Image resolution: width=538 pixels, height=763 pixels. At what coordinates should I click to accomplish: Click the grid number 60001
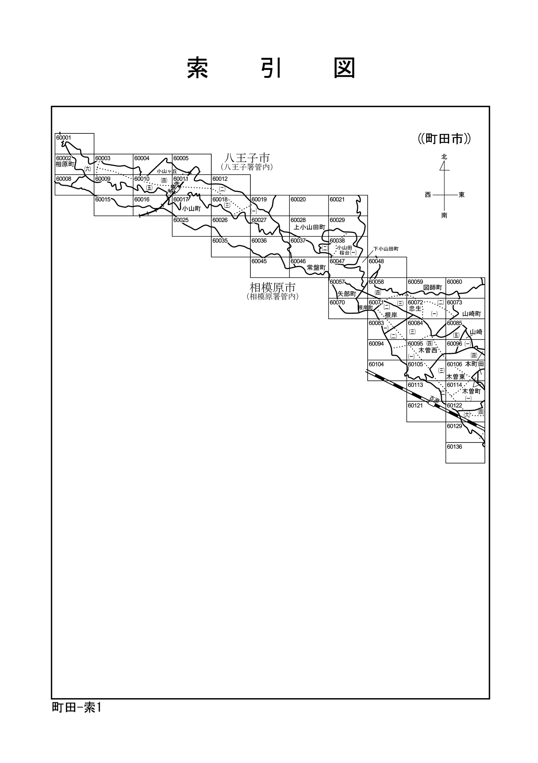[x=63, y=138]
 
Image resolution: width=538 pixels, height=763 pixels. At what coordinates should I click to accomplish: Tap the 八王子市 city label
[x=247, y=158]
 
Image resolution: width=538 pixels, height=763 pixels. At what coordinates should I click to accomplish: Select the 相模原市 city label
[x=273, y=288]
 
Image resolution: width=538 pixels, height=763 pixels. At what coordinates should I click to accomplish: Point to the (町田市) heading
[x=444, y=139]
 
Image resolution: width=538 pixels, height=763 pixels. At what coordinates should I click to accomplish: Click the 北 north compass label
[x=444, y=157]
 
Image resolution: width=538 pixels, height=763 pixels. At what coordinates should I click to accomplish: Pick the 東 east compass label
[x=462, y=195]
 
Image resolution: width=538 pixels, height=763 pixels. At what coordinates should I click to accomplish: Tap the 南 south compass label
[x=444, y=215]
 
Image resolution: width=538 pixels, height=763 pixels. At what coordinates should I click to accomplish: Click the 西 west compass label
[x=428, y=195]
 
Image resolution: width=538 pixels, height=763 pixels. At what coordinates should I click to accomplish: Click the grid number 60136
[x=454, y=447]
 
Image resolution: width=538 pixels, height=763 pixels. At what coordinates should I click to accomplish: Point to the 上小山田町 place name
[x=309, y=227]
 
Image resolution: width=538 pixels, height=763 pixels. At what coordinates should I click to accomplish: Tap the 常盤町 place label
[x=316, y=267]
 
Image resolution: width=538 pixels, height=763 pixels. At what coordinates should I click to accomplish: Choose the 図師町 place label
[x=433, y=288]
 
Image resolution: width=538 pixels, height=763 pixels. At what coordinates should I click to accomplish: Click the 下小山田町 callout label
[x=386, y=249]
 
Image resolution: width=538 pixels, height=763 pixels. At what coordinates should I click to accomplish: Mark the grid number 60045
[x=259, y=261]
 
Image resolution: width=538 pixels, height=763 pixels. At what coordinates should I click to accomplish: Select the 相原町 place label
[x=65, y=164]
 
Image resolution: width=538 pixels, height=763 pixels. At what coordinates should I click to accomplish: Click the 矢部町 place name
[x=346, y=294]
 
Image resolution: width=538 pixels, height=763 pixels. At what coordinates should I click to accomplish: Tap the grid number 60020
[x=298, y=199]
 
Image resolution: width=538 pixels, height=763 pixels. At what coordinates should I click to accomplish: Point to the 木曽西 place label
[x=428, y=350]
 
